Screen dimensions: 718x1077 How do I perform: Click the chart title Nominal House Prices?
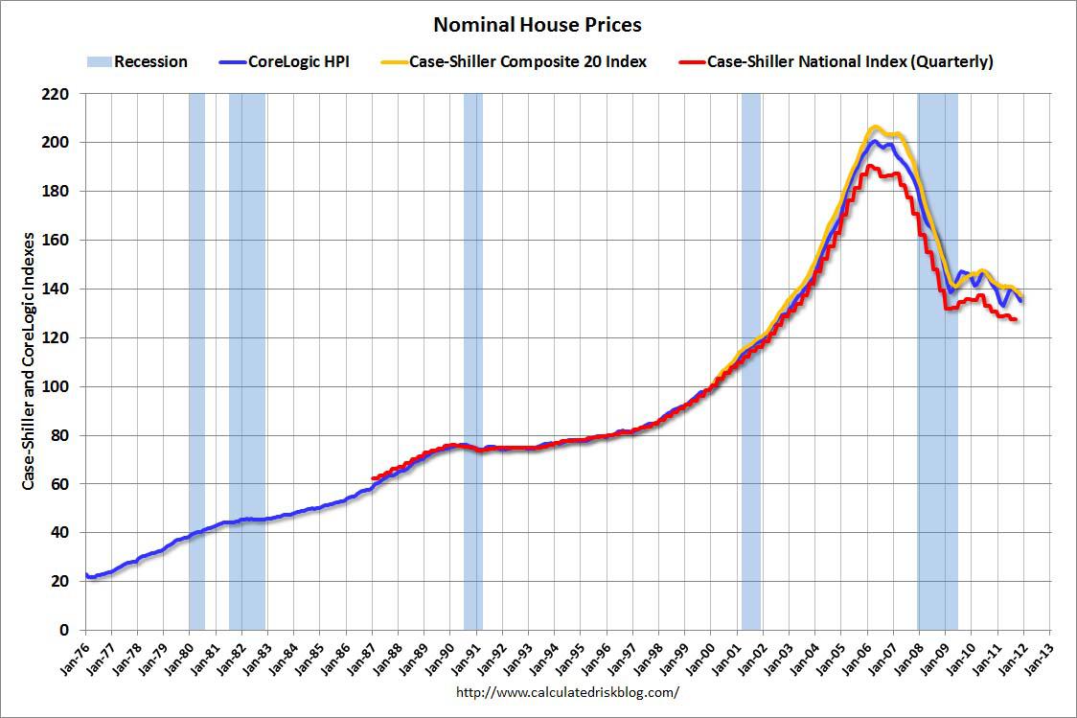tap(538, 23)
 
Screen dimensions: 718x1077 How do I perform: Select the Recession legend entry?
tap(149, 62)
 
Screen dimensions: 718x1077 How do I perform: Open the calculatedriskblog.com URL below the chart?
tap(567, 692)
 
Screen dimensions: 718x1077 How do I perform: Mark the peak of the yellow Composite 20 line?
tap(874, 127)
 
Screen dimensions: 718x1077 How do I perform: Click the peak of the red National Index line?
tap(869, 166)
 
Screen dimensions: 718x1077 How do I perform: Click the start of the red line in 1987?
tap(373, 477)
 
